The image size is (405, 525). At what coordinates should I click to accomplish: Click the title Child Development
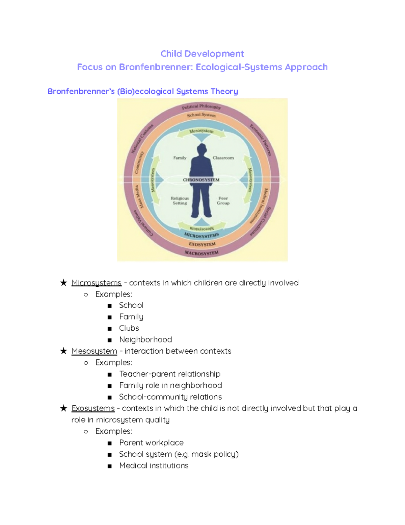click(202, 54)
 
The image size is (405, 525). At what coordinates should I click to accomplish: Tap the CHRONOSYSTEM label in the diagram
click(201, 180)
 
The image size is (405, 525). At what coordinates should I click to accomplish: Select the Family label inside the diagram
click(180, 158)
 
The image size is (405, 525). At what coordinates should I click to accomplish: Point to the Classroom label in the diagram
click(223, 158)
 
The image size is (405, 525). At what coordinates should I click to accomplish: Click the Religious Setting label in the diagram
click(180, 200)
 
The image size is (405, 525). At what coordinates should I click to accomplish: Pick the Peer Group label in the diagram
click(223, 200)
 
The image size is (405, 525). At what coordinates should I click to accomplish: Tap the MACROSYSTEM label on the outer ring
click(201, 253)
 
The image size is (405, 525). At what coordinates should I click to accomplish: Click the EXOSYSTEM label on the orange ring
click(202, 244)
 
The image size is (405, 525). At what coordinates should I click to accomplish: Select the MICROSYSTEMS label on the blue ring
click(201, 235)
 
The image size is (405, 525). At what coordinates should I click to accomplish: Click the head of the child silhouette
click(202, 149)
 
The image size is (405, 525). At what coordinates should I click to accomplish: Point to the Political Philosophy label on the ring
click(201, 107)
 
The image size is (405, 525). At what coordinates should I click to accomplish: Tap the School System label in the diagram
click(201, 115)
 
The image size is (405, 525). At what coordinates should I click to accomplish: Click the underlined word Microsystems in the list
click(97, 283)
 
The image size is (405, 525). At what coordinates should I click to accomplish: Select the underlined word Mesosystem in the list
click(94, 351)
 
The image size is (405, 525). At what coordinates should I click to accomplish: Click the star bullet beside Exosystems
click(63, 408)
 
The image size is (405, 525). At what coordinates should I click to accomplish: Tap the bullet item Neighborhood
click(145, 339)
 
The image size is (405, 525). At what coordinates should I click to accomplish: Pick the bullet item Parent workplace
click(151, 443)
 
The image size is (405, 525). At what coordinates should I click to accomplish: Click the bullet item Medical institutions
click(154, 466)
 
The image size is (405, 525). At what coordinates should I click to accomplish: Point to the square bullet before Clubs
click(109, 329)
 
